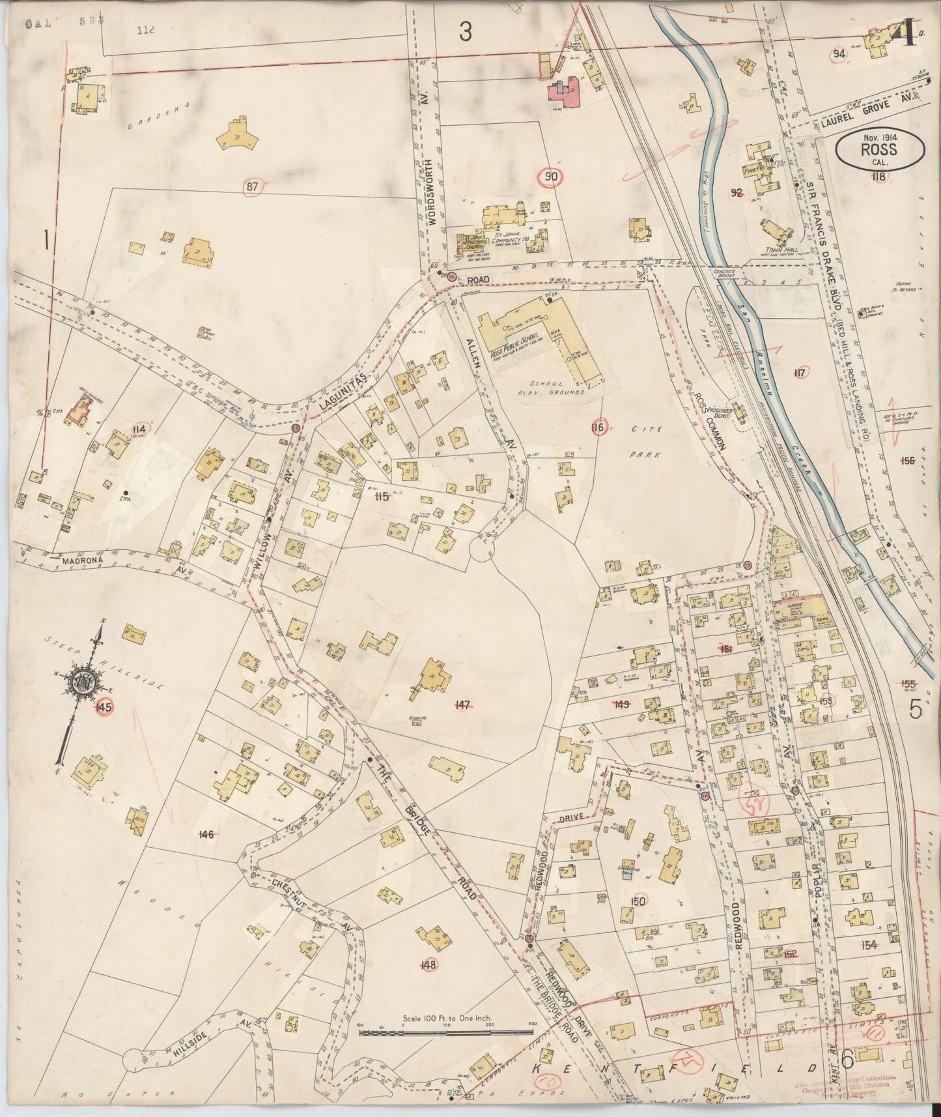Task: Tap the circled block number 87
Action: [x=253, y=188]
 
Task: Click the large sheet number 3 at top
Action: [x=464, y=32]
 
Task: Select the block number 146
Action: [x=206, y=834]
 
